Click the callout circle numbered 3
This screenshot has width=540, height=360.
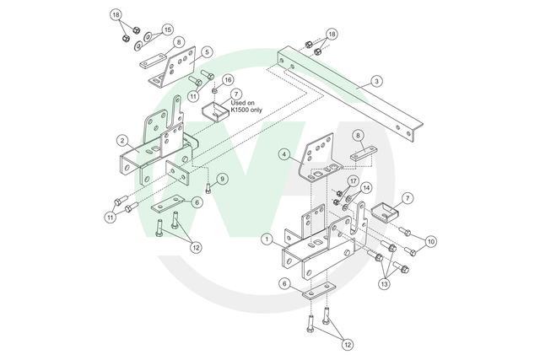click(376, 81)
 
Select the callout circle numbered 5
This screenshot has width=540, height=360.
click(207, 52)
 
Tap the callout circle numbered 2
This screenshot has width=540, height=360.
click(122, 141)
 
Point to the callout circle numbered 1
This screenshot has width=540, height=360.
click(267, 239)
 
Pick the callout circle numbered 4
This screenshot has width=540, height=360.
click(284, 154)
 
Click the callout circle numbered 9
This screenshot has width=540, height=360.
click(222, 179)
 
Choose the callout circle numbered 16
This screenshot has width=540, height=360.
click(228, 80)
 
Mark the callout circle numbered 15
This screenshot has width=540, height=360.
click(167, 30)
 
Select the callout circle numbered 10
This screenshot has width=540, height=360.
click(431, 242)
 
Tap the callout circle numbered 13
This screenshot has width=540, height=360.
click(385, 284)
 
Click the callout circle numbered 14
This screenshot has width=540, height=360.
click(366, 188)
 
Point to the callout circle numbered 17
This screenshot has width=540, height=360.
click(353, 181)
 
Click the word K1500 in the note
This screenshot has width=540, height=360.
click(239, 110)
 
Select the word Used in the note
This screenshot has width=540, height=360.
click(237, 103)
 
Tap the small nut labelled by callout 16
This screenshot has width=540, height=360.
click(213, 90)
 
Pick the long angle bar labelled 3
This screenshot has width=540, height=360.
click(350, 94)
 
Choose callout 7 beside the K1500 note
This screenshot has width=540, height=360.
click(236, 94)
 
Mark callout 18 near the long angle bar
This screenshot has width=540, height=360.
click(332, 34)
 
